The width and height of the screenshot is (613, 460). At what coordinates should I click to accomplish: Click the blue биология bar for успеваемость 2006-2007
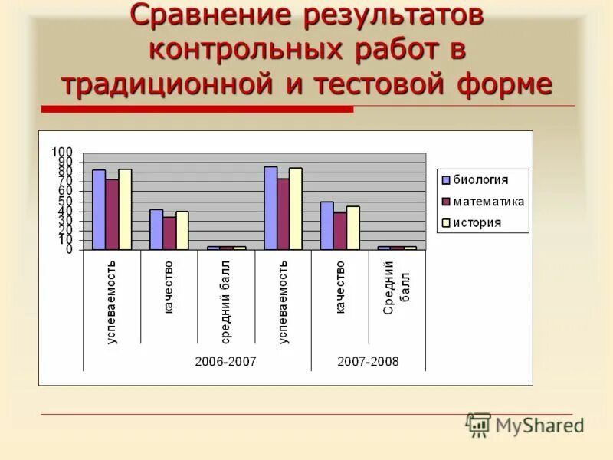99,209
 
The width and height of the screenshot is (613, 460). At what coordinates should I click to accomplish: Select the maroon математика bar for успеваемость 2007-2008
283,214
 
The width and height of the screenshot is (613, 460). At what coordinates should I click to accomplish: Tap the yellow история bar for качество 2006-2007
182,231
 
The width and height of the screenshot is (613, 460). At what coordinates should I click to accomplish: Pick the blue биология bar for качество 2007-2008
326,225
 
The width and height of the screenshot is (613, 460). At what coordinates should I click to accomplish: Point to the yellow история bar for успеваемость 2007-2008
296,209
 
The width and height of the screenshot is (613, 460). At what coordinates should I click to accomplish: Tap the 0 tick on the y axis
69,249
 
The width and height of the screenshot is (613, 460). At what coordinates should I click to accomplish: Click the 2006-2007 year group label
225,361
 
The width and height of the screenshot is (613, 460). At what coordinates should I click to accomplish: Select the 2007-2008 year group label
368,361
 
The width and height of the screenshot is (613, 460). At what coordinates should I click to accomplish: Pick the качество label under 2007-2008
340,287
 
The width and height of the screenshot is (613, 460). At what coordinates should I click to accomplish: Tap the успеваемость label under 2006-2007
112,301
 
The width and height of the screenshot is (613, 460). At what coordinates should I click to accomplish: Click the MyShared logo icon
478,425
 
